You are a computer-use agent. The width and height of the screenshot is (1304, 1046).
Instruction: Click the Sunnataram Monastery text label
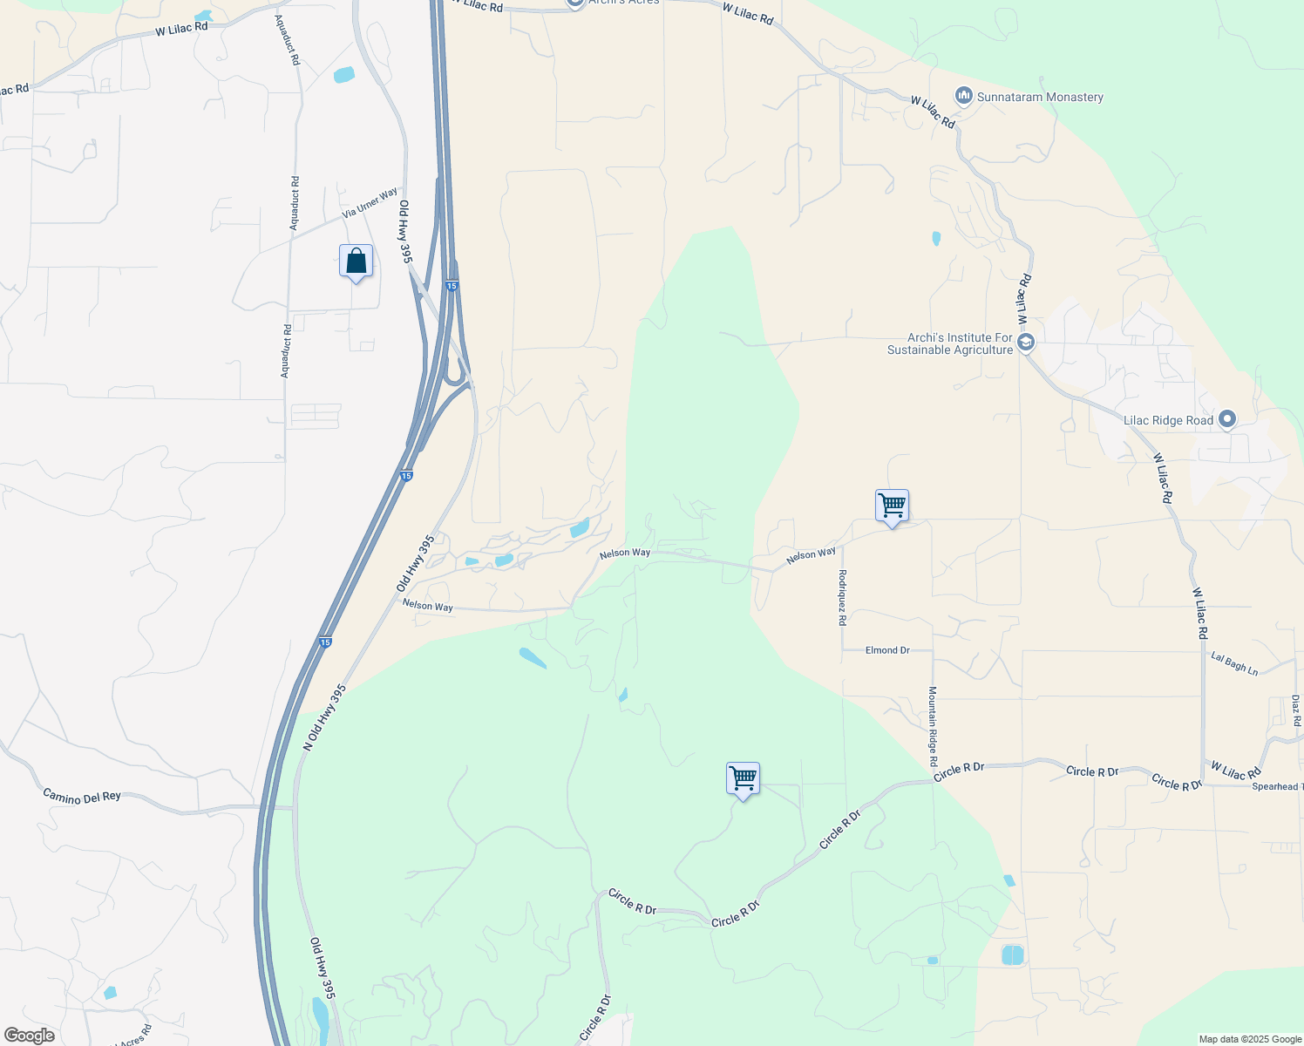(1040, 98)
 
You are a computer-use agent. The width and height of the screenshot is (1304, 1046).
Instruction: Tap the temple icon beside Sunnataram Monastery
(964, 96)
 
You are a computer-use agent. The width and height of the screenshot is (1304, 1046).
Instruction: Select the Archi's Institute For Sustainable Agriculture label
(950, 343)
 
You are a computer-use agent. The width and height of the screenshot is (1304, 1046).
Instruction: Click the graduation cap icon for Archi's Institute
(1026, 343)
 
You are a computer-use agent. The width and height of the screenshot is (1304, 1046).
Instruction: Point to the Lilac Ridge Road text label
(1168, 420)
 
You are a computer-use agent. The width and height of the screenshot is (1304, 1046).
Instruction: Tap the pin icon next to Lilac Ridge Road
(1227, 420)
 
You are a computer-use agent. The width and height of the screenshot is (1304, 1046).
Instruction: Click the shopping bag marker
(356, 261)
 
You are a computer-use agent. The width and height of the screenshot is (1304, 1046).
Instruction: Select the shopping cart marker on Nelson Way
(892, 506)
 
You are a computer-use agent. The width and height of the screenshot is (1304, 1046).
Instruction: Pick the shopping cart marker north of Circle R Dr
(743, 778)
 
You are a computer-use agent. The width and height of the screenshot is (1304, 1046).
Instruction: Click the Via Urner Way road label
(370, 202)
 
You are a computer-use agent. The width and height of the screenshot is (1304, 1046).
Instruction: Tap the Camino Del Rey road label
(82, 797)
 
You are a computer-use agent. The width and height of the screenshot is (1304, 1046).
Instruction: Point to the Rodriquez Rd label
(842, 598)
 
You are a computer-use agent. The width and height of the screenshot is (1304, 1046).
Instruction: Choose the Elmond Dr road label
(887, 650)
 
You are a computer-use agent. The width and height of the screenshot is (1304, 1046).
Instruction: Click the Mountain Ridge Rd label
(933, 720)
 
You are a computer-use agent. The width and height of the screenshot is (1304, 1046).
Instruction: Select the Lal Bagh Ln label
(1234, 663)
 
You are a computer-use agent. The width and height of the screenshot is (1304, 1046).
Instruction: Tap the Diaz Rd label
(1296, 710)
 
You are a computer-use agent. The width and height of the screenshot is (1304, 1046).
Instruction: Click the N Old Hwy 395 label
(325, 717)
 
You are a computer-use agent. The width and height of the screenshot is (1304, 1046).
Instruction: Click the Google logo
(29, 1036)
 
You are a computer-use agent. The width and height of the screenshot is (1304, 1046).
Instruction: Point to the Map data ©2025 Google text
(1250, 1039)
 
